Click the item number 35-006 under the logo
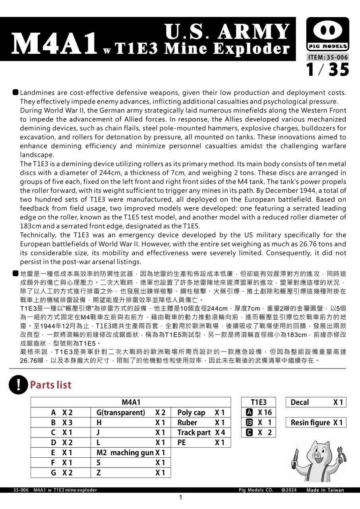pos(328,57)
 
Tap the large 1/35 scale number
pos(328,70)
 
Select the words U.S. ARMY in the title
pos(227,32)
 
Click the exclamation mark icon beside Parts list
pos(17,385)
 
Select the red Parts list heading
pos(50,385)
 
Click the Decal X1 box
pos(316,402)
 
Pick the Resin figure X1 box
pos(316,422)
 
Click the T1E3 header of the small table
pos(258,402)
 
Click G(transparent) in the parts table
pos(121,412)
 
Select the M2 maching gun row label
pos(125,453)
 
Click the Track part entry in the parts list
pos(194,432)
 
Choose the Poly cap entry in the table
pos(191,412)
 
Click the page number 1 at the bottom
pos(180,498)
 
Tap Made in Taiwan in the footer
pos(325,490)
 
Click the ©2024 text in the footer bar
pos(289,490)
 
